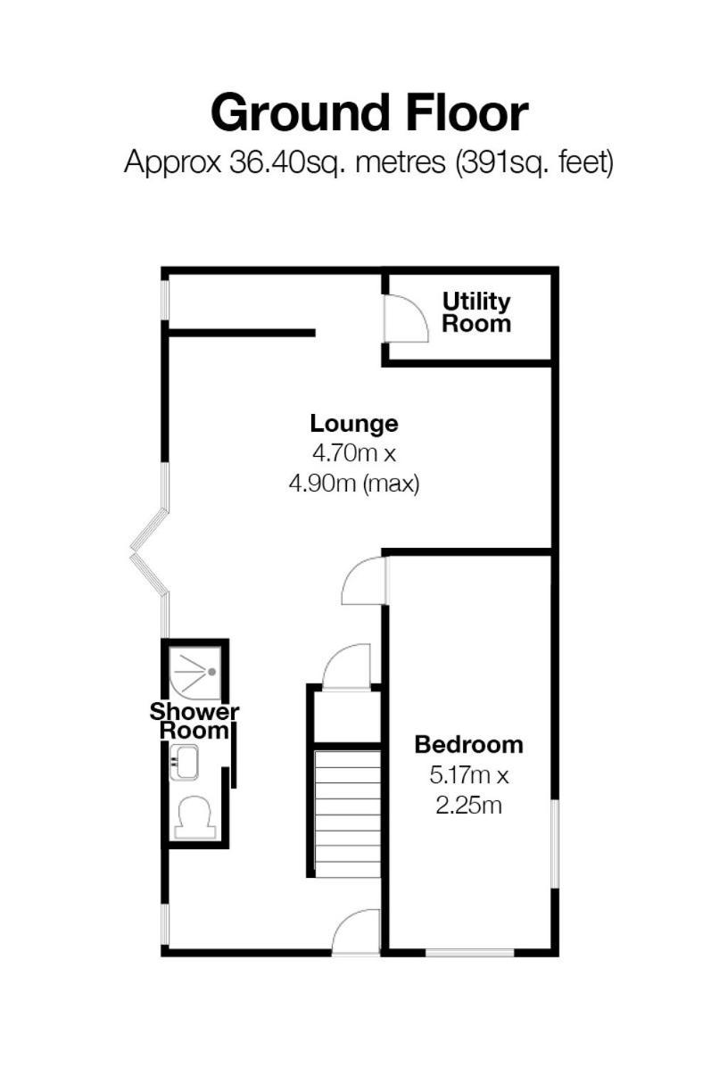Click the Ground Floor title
(369, 113)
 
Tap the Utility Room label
(476, 312)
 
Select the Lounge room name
(354, 423)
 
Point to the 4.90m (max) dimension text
(354, 484)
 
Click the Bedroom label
(468, 744)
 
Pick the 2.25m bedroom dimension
(468, 805)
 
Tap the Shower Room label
(194, 722)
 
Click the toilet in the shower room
(195, 817)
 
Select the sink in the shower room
(184, 762)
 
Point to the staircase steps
(348, 814)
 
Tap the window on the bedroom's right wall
(555, 844)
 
